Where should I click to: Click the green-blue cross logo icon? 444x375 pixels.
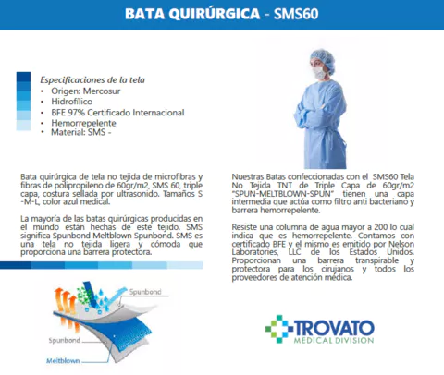pos(278,330)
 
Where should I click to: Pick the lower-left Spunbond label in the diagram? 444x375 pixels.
pos(63,340)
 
